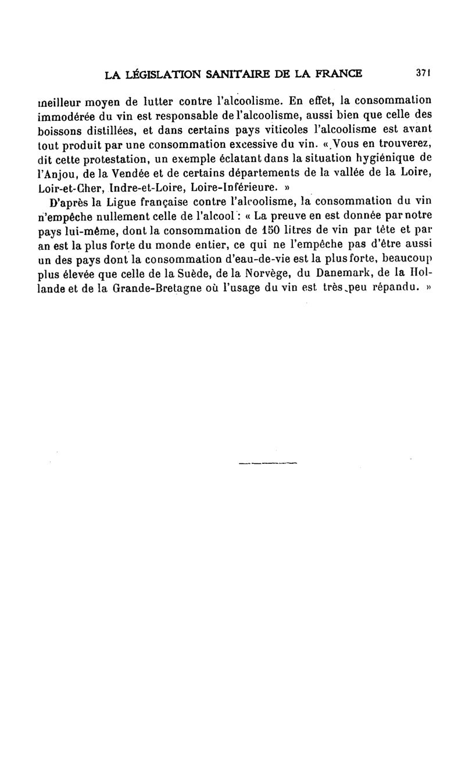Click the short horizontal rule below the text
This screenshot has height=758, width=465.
click(x=268, y=463)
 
